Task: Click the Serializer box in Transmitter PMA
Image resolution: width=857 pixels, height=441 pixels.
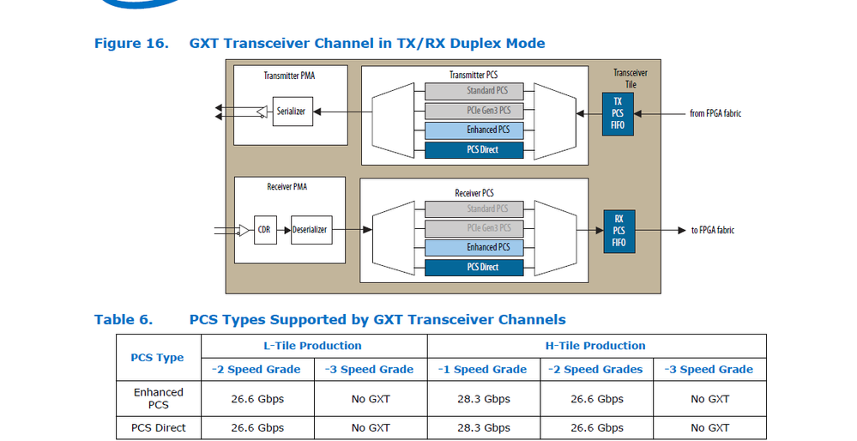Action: click(291, 112)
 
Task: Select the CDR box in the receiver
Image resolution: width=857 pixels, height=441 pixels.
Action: click(264, 230)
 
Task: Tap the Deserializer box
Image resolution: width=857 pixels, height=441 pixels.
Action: click(311, 230)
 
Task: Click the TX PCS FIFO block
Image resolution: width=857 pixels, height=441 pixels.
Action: click(618, 112)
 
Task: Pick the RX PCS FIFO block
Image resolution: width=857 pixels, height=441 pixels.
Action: click(618, 231)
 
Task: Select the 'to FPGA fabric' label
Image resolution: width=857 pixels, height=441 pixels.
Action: click(713, 230)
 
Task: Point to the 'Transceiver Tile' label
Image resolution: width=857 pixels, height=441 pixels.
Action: click(631, 78)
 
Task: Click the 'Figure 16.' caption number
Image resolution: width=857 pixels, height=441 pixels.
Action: click(130, 43)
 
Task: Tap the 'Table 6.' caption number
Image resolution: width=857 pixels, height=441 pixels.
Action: click(124, 320)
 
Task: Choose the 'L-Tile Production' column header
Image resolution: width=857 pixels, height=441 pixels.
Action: click(312, 346)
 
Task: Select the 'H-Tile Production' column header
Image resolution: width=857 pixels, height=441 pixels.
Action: click(596, 346)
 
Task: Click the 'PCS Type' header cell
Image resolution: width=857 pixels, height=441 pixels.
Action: click(157, 358)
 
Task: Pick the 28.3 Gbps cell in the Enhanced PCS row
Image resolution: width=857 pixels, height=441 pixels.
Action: click(483, 399)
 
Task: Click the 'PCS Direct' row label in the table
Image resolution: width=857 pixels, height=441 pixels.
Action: click(159, 427)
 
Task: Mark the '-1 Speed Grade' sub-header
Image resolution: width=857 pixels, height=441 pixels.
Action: click(483, 370)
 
